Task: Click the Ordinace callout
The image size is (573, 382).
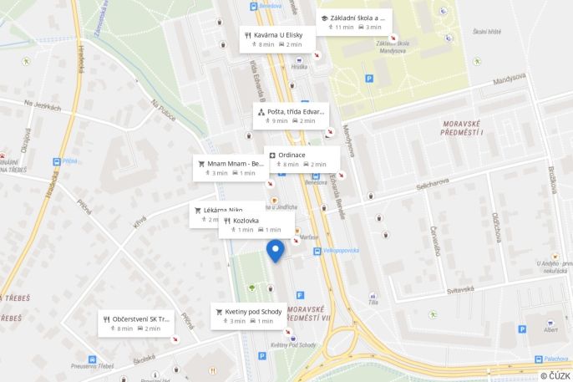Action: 302,159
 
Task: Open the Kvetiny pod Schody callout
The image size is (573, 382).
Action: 248,315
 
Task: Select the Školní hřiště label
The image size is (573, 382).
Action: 487,32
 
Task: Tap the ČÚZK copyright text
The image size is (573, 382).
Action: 555,375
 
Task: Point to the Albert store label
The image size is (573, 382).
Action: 550,330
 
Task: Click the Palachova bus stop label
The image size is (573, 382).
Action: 555,359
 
